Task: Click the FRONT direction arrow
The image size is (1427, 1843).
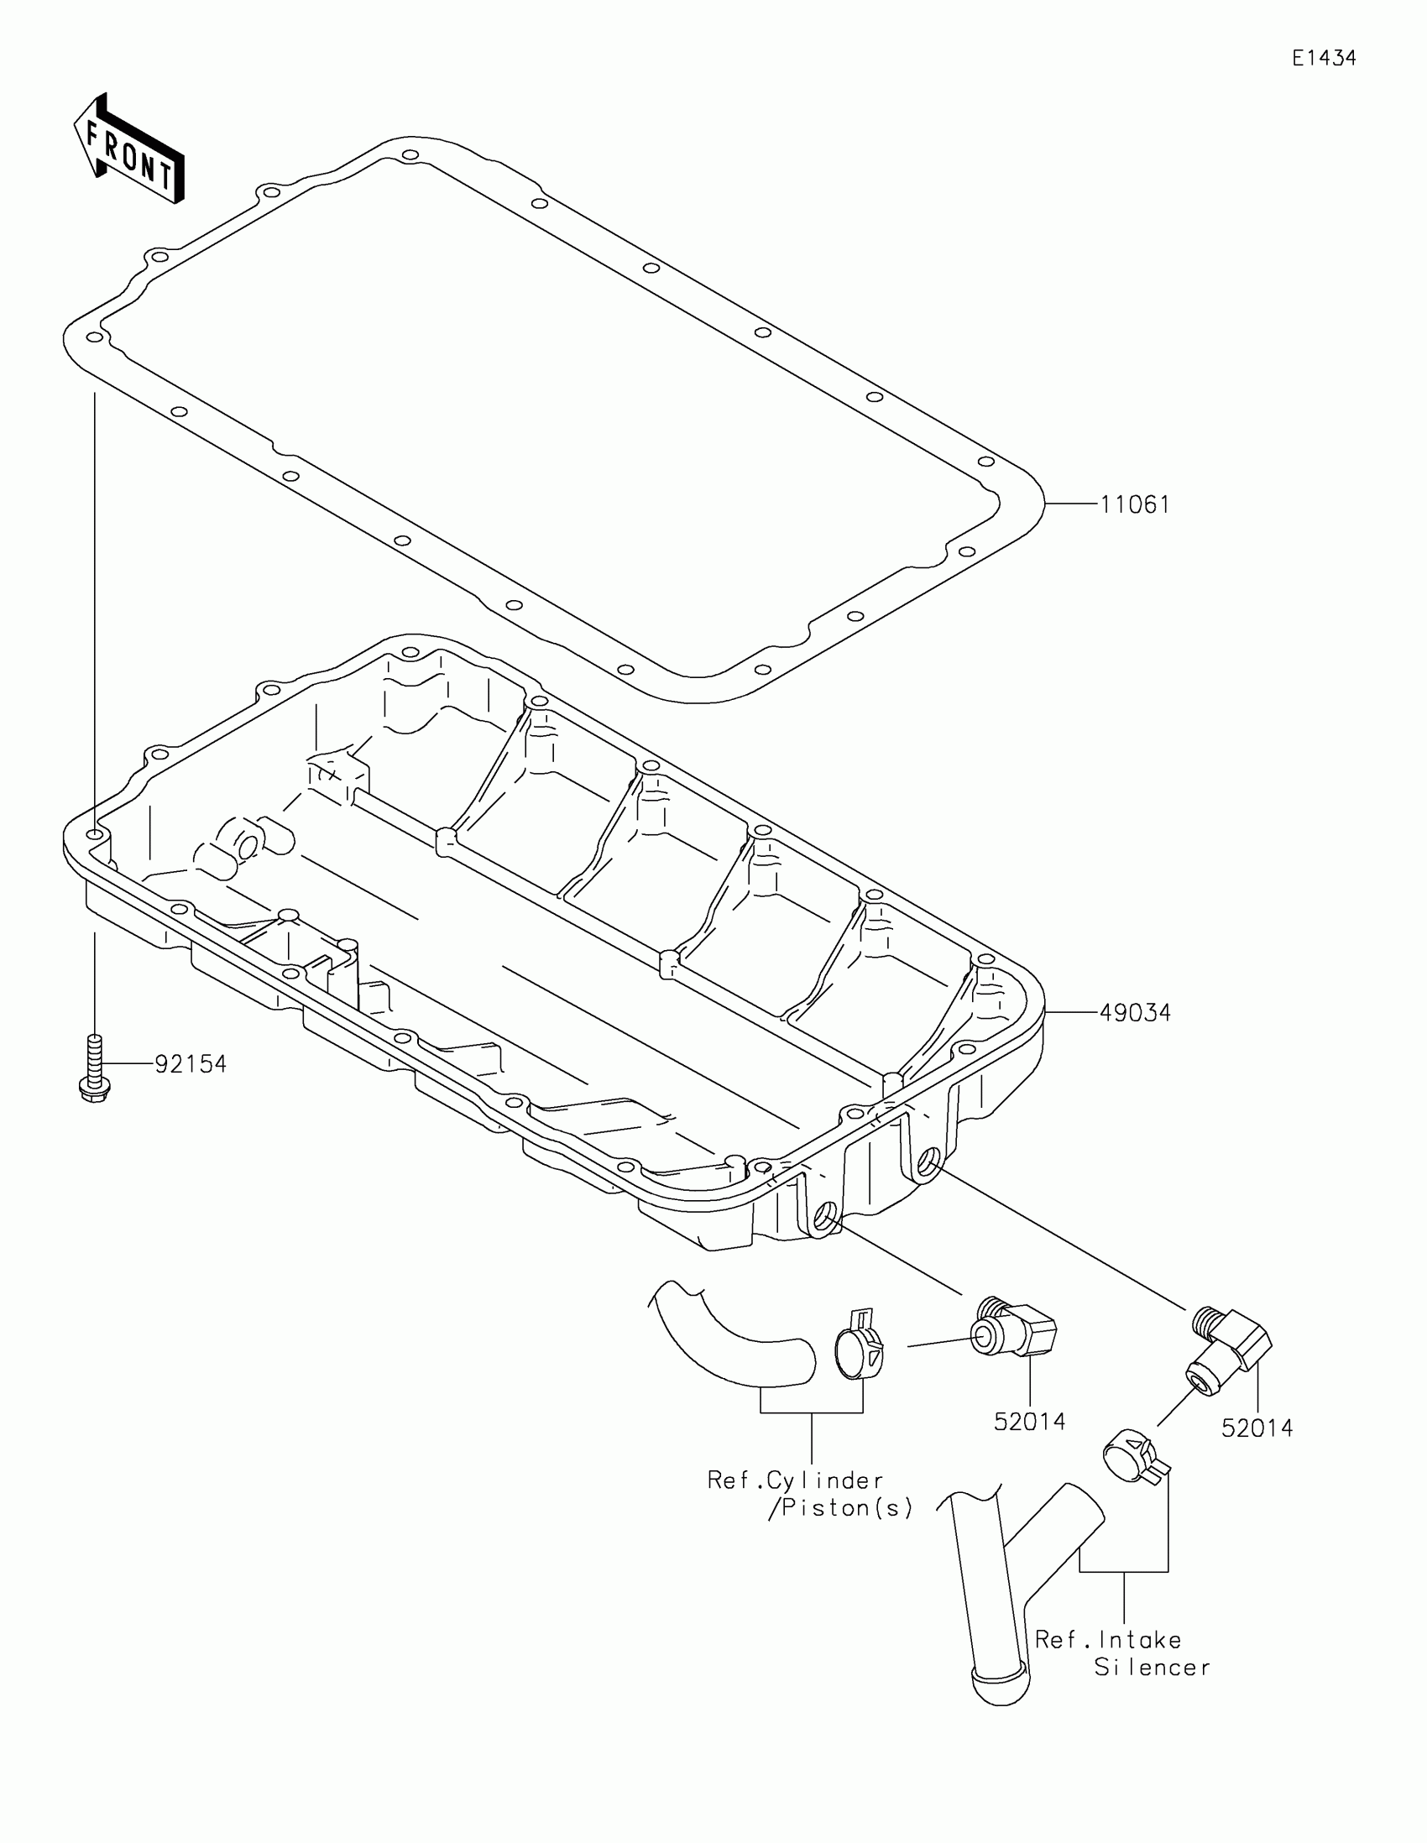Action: pyautogui.click(x=128, y=150)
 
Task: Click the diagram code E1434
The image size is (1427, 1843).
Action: pyautogui.click(x=1324, y=58)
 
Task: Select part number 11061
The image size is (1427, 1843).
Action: pyautogui.click(x=1135, y=504)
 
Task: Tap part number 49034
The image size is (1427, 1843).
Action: pyautogui.click(x=1135, y=1013)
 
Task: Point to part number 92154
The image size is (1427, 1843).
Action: pyautogui.click(x=191, y=1064)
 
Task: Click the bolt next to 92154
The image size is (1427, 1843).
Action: pyautogui.click(x=94, y=1068)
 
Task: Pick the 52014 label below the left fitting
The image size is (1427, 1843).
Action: pyautogui.click(x=1029, y=1421)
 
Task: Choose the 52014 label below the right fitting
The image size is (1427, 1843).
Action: pyautogui.click(x=1257, y=1428)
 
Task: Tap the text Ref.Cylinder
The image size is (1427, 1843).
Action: pyautogui.click(x=795, y=1480)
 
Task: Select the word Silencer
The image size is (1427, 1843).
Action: pyautogui.click(x=1152, y=1668)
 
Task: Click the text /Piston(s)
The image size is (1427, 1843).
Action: pyautogui.click(x=840, y=1508)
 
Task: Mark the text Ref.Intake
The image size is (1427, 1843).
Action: pyautogui.click(x=1108, y=1640)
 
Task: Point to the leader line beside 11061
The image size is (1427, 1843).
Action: pyautogui.click(x=1072, y=504)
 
